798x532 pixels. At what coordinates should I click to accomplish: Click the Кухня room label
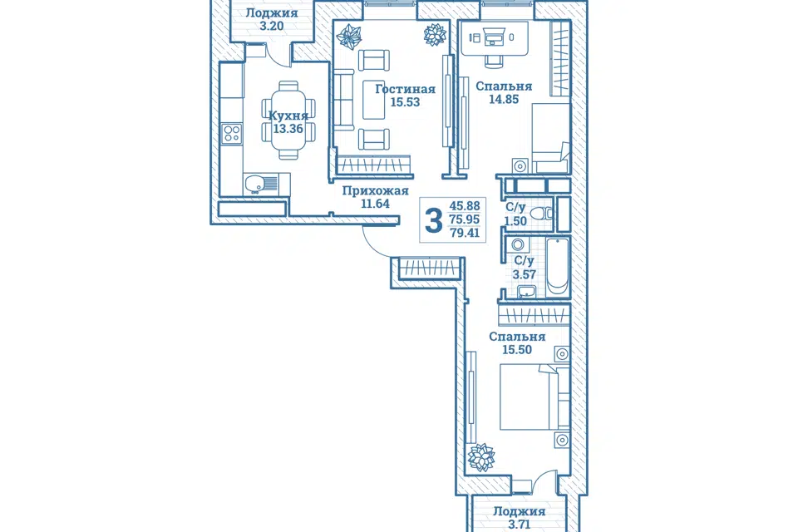288,116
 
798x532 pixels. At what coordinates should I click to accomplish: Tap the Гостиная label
405,89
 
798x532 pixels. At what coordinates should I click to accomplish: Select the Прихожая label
375,191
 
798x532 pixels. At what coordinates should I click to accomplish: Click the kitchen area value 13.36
288,129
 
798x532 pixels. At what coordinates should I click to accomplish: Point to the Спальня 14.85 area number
504,99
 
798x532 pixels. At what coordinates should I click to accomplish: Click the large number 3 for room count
434,221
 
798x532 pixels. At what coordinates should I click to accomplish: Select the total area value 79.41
465,233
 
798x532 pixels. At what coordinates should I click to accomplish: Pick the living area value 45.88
465,205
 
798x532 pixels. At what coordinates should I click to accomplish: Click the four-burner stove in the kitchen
232,134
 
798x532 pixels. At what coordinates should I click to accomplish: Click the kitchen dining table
288,121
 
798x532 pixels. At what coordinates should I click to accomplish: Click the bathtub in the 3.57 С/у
557,268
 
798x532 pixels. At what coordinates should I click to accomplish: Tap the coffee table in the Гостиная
374,100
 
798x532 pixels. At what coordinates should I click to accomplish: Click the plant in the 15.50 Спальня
481,456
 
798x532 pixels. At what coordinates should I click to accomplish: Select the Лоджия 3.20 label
271,19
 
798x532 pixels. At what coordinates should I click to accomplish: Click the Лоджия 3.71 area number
519,525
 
